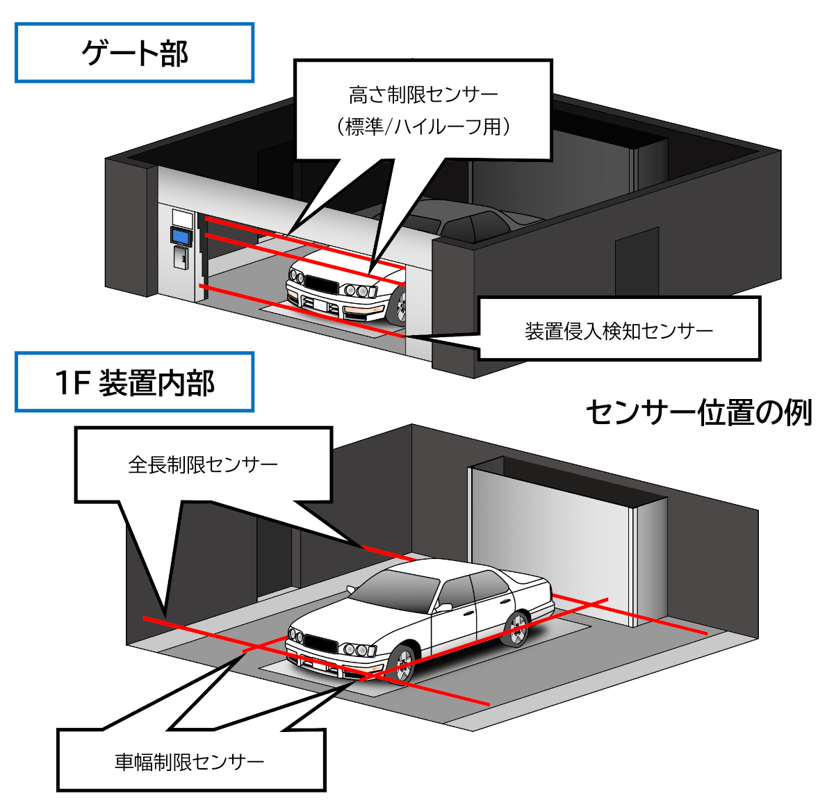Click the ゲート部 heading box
click(134, 54)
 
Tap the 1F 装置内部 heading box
click(134, 382)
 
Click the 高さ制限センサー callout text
click(423, 95)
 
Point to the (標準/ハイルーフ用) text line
click(423, 127)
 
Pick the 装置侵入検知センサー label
click(619, 330)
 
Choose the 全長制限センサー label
click(203, 464)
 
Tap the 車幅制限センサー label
click(190, 762)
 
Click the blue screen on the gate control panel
click(181, 236)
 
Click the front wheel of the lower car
click(402, 664)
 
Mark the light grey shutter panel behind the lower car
click(549, 528)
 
